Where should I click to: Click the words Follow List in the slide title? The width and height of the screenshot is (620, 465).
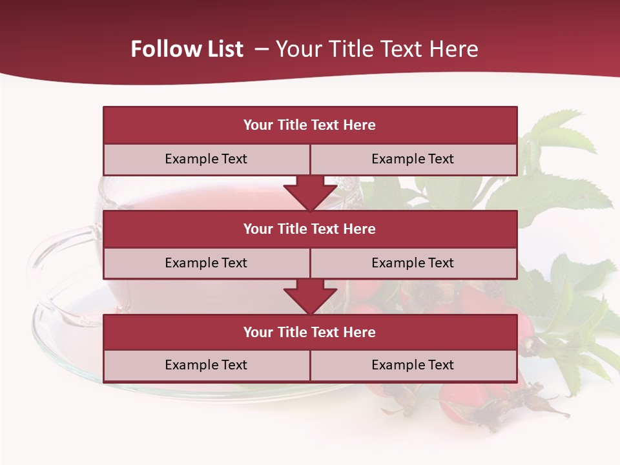[x=187, y=49]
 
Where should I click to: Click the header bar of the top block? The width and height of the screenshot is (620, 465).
[x=309, y=125]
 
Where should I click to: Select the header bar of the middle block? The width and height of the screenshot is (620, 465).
[x=309, y=229]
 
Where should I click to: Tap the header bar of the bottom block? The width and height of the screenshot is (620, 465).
[x=309, y=332]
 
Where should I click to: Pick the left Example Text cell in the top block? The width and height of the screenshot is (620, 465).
[x=206, y=159]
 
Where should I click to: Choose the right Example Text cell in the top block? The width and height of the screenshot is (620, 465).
[x=413, y=159]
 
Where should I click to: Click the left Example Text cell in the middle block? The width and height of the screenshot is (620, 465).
[x=206, y=263]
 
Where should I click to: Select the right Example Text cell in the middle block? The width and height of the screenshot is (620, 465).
[x=413, y=263]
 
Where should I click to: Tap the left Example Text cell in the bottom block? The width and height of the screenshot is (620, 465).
[x=206, y=365]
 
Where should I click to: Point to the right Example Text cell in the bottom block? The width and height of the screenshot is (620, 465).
[x=413, y=365]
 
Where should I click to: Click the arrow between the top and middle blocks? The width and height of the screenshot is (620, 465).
[x=310, y=193]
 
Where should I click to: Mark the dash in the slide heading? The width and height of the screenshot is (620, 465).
[x=262, y=49]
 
